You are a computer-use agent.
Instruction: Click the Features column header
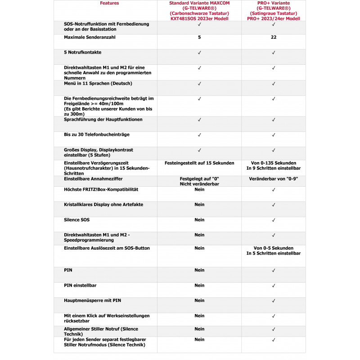click(x=109, y=3)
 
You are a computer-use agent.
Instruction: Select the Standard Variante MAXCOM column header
click(x=199, y=11)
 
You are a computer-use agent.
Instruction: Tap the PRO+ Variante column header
click(x=273, y=11)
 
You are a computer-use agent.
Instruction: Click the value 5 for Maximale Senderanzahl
click(x=199, y=37)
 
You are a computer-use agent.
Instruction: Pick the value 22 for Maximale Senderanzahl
click(x=273, y=37)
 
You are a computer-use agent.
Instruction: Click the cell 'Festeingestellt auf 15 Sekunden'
click(x=199, y=163)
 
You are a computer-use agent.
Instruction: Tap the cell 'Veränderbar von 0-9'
click(x=273, y=179)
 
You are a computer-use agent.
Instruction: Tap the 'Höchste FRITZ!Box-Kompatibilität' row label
click(x=101, y=189)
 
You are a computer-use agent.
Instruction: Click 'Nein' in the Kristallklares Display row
click(x=199, y=205)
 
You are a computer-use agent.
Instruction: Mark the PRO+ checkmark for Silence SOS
click(x=273, y=220)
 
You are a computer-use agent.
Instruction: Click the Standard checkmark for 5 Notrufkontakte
click(x=199, y=53)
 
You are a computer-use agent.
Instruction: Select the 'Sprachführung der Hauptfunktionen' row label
click(x=103, y=119)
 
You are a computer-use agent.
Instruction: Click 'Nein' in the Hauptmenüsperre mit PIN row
click(x=199, y=301)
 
